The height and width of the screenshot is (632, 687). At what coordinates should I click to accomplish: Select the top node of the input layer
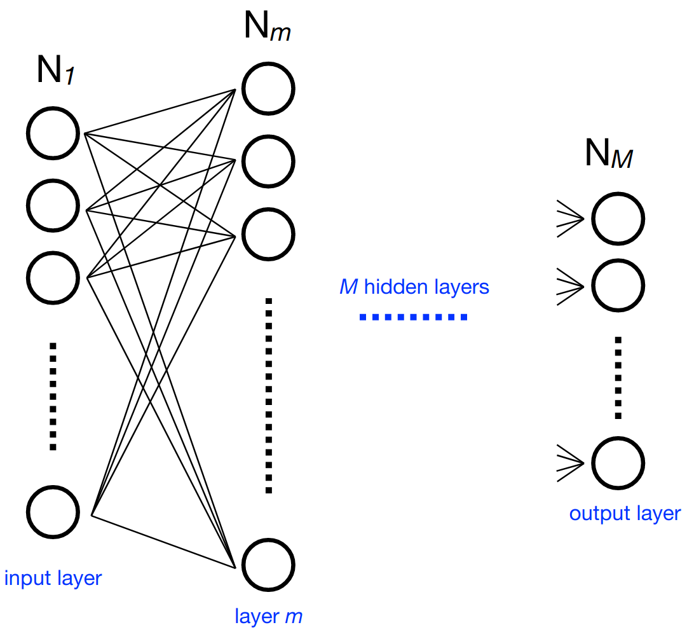pos(53,134)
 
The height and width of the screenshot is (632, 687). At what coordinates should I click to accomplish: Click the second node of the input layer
pos(53,205)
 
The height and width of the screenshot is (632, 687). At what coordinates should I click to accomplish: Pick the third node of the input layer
pos(53,277)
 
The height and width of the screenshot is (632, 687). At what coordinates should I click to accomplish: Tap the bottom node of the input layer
pos(54,512)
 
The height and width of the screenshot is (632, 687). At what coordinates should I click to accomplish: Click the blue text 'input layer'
pos(53,579)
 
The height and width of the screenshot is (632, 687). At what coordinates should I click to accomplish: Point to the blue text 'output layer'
pos(625,513)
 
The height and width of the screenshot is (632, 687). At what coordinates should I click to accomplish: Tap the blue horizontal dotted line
pos(413,317)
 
